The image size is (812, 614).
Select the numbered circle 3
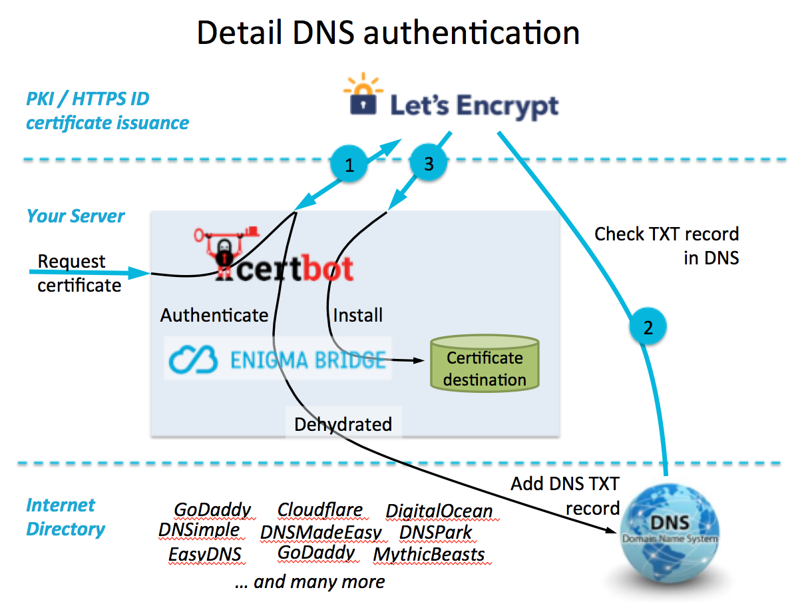point(427,163)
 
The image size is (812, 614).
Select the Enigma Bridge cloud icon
point(194,360)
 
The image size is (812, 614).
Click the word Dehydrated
point(343,424)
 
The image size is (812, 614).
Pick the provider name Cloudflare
point(320,510)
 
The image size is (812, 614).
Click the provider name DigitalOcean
point(439,511)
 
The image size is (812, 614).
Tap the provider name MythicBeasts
point(429,554)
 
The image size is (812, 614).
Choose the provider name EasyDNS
point(204,554)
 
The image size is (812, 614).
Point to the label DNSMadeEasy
point(321,532)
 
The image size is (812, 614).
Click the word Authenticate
point(214,315)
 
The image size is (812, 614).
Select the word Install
point(358,314)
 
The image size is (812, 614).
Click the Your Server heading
point(75,216)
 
